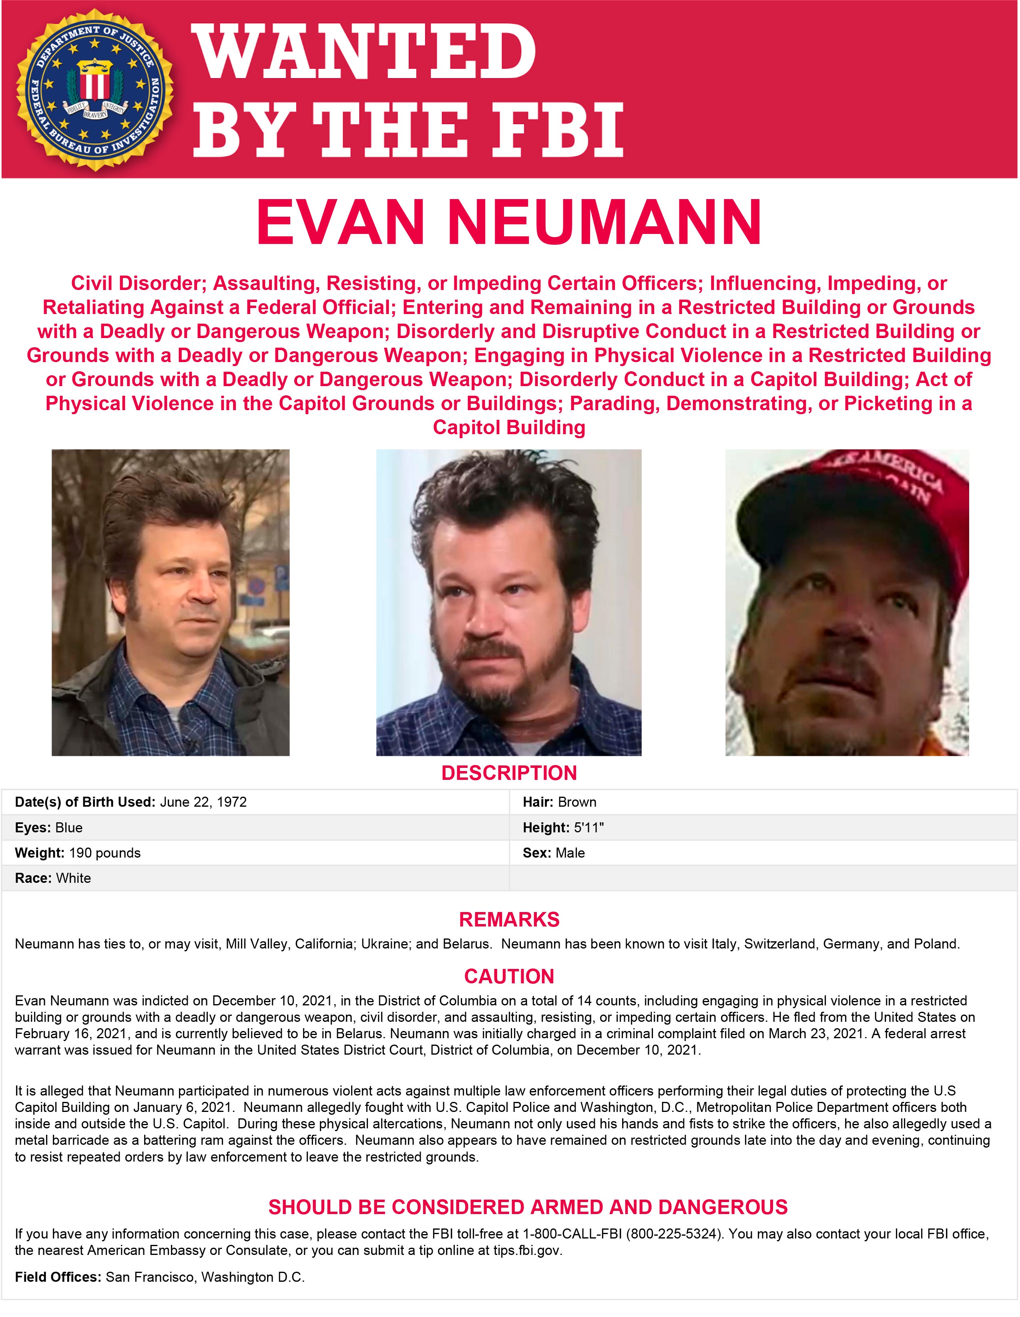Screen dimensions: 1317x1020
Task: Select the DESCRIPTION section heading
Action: pyautogui.click(x=509, y=773)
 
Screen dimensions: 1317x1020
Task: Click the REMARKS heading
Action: pyautogui.click(x=509, y=920)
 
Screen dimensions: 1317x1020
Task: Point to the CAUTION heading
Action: pyautogui.click(x=509, y=976)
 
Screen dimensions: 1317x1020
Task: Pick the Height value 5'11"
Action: pyautogui.click(x=588, y=828)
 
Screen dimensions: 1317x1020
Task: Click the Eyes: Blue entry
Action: pyautogui.click(x=49, y=828)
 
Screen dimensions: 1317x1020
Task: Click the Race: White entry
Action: pyautogui.click(x=53, y=878)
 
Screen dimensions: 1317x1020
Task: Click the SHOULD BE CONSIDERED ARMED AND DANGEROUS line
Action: pyautogui.click(x=528, y=1207)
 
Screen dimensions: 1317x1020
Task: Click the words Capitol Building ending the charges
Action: pyautogui.click(x=509, y=427)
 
